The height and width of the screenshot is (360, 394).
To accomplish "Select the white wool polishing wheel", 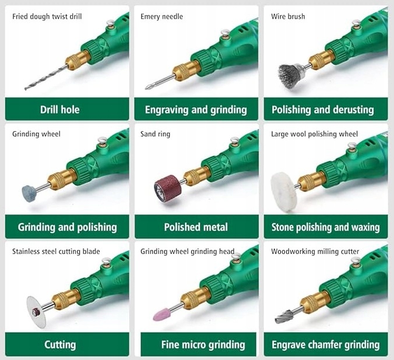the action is point(284,192).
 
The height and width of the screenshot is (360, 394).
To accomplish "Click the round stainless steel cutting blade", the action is point(37,312).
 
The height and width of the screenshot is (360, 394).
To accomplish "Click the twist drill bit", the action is point(45,77).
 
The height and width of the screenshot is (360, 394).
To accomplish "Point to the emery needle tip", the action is point(146,87).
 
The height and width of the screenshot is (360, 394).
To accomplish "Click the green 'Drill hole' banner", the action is point(67,110).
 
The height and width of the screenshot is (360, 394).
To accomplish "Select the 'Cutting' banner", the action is point(67,344).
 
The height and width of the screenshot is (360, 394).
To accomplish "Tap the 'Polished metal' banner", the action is point(196,227).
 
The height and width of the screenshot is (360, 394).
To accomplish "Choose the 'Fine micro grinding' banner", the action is point(199,344).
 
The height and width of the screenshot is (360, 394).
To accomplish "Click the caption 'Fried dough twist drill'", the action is point(47,16).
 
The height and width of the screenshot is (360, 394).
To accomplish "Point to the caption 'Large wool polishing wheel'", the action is point(314,134).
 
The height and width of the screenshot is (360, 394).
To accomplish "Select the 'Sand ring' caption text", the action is point(155,134).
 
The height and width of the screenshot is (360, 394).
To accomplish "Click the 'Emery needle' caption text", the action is point(161,16).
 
